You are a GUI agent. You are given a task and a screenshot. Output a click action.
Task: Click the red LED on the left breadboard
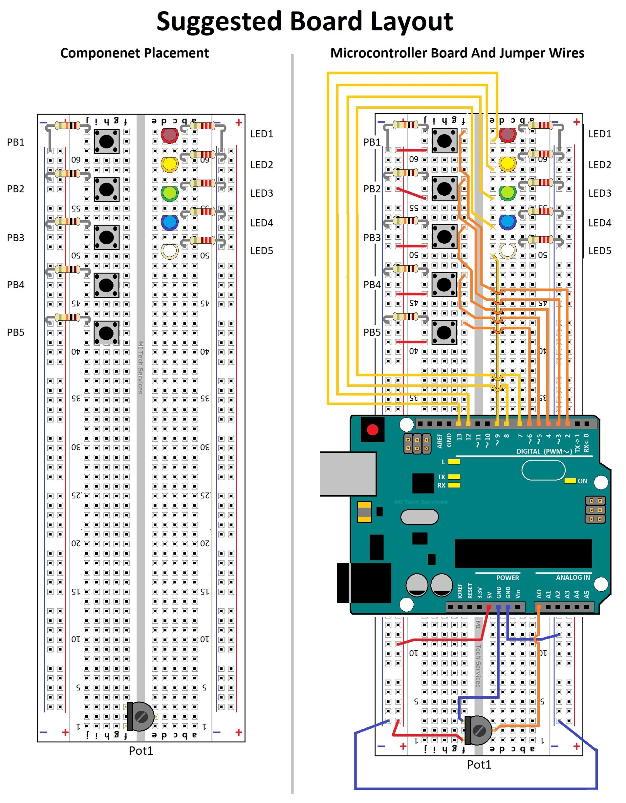tap(169, 135)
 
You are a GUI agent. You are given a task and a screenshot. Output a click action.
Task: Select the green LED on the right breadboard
tap(508, 193)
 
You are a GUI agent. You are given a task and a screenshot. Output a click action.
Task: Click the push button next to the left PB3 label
tap(107, 237)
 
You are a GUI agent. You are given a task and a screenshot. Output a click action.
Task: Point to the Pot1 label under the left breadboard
tap(141, 750)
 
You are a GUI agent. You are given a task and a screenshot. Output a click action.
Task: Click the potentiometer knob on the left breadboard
tap(141, 716)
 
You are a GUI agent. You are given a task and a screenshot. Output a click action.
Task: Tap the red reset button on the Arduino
tap(372, 429)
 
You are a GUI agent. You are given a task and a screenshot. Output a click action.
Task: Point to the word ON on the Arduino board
tap(582, 481)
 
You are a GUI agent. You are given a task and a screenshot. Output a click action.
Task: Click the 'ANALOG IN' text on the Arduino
tap(573, 577)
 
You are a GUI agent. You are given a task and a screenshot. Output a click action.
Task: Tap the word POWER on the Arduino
tap(508, 577)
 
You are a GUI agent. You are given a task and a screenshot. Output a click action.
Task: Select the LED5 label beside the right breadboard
tap(600, 251)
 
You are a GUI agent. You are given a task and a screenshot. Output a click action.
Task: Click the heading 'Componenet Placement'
tap(135, 53)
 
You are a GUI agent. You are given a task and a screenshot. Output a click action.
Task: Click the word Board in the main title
tap(326, 21)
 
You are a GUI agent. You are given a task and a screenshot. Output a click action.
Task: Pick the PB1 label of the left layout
tap(15, 142)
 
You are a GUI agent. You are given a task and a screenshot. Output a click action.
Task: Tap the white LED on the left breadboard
tap(169, 251)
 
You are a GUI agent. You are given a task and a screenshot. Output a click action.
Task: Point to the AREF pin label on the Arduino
tap(440, 440)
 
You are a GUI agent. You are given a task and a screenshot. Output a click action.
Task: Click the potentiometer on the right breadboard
tap(479, 730)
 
